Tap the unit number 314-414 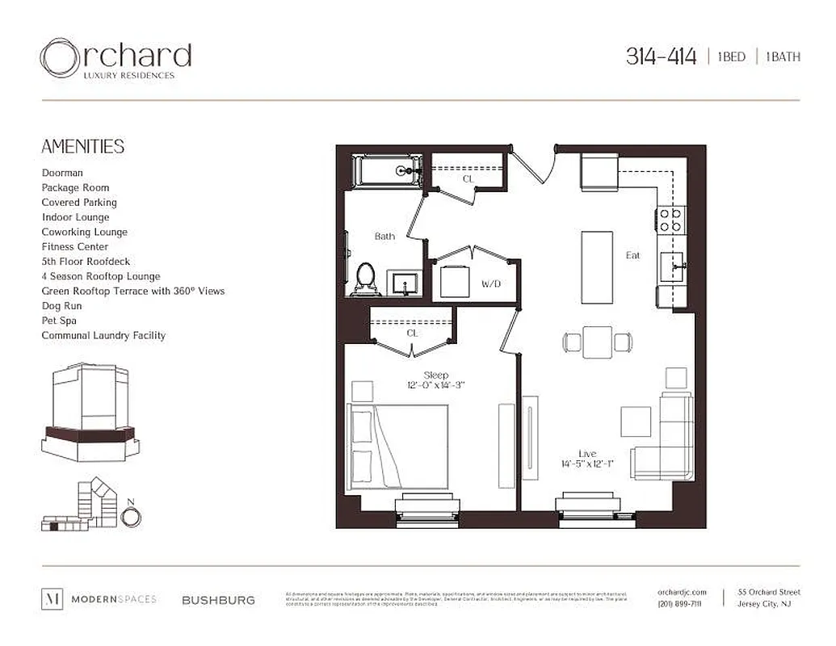point(661,57)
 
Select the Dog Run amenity point(62,306)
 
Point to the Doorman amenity point(62,173)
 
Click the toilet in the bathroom point(365,278)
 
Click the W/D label point(492,284)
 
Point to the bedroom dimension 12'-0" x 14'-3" point(436,386)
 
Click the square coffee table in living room point(636,421)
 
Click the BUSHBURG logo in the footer point(218,600)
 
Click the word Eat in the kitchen point(632,255)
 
